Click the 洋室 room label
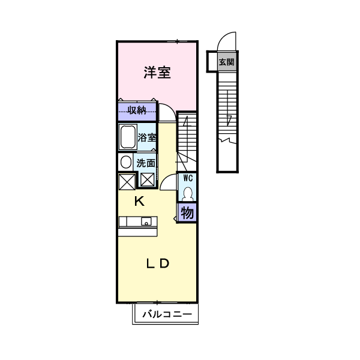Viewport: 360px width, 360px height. point(157,73)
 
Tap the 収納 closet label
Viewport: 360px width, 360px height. point(137,110)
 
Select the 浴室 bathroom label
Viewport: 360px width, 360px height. point(147,137)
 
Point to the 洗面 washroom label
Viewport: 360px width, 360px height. point(146,163)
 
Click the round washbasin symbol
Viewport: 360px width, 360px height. point(125,162)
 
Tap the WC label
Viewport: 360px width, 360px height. point(188,178)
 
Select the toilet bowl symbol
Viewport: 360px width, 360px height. point(188,193)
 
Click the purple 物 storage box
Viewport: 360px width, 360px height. point(187,212)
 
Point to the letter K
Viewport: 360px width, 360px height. point(139,202)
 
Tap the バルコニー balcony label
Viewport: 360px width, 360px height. point(167,314)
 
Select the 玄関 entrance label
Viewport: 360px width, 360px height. point(226,61)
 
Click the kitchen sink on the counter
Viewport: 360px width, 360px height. point(145,221)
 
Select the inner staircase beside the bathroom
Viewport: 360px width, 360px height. point(187,138)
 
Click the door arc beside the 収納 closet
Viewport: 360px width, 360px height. point(167,113)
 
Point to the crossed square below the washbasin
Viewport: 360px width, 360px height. point(126,181)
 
